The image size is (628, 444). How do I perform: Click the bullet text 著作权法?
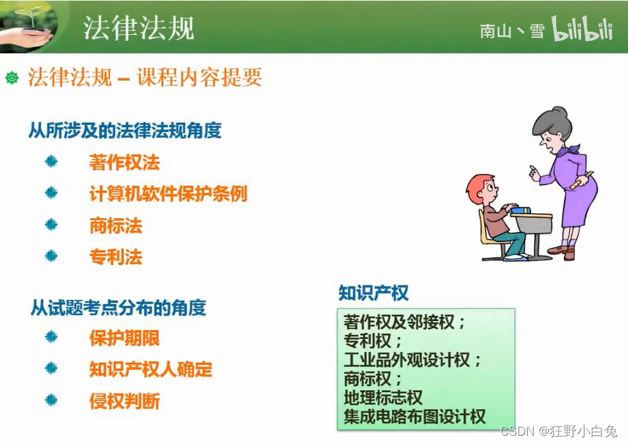(x=124, y=162)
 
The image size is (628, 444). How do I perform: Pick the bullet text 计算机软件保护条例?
(x=168, y=194)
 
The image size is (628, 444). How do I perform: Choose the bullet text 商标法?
(x=115, y=225)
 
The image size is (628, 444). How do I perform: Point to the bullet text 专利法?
(x=115, y=257)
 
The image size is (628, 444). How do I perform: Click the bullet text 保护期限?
(x=124, y=338)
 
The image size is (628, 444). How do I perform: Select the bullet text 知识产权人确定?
(x=151, y=370)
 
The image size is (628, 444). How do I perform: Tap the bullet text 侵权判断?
(x=124, y=401)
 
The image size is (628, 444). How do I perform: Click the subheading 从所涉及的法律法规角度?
(x=125, y=130)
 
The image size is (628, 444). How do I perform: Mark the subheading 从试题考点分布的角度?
(x=118, y=308)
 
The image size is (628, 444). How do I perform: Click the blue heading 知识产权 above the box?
(x=373, y=293)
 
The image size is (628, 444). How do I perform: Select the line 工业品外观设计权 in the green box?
(x=413, y=359)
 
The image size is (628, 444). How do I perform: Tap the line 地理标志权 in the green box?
(x=383, y=398)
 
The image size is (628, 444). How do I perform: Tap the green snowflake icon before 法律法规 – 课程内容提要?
(x=12, y=78)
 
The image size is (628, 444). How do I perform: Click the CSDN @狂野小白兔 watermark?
(x=558, y=431)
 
